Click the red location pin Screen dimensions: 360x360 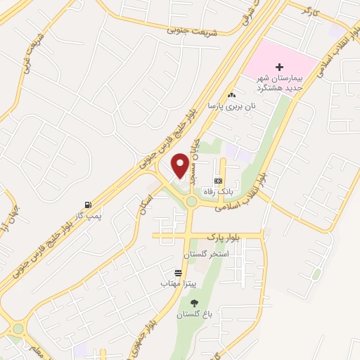point(181,166)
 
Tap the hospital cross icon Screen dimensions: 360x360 point(278,65)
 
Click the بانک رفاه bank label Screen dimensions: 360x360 point(217,191)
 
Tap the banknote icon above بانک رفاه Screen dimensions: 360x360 point(217,181)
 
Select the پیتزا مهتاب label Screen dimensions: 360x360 point(174,283)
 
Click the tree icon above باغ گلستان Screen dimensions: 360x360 point(195,303)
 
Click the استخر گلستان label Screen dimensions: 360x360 point(206,254)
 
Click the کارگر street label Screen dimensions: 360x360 point(310,12)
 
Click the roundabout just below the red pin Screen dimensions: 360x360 point(191,202)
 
